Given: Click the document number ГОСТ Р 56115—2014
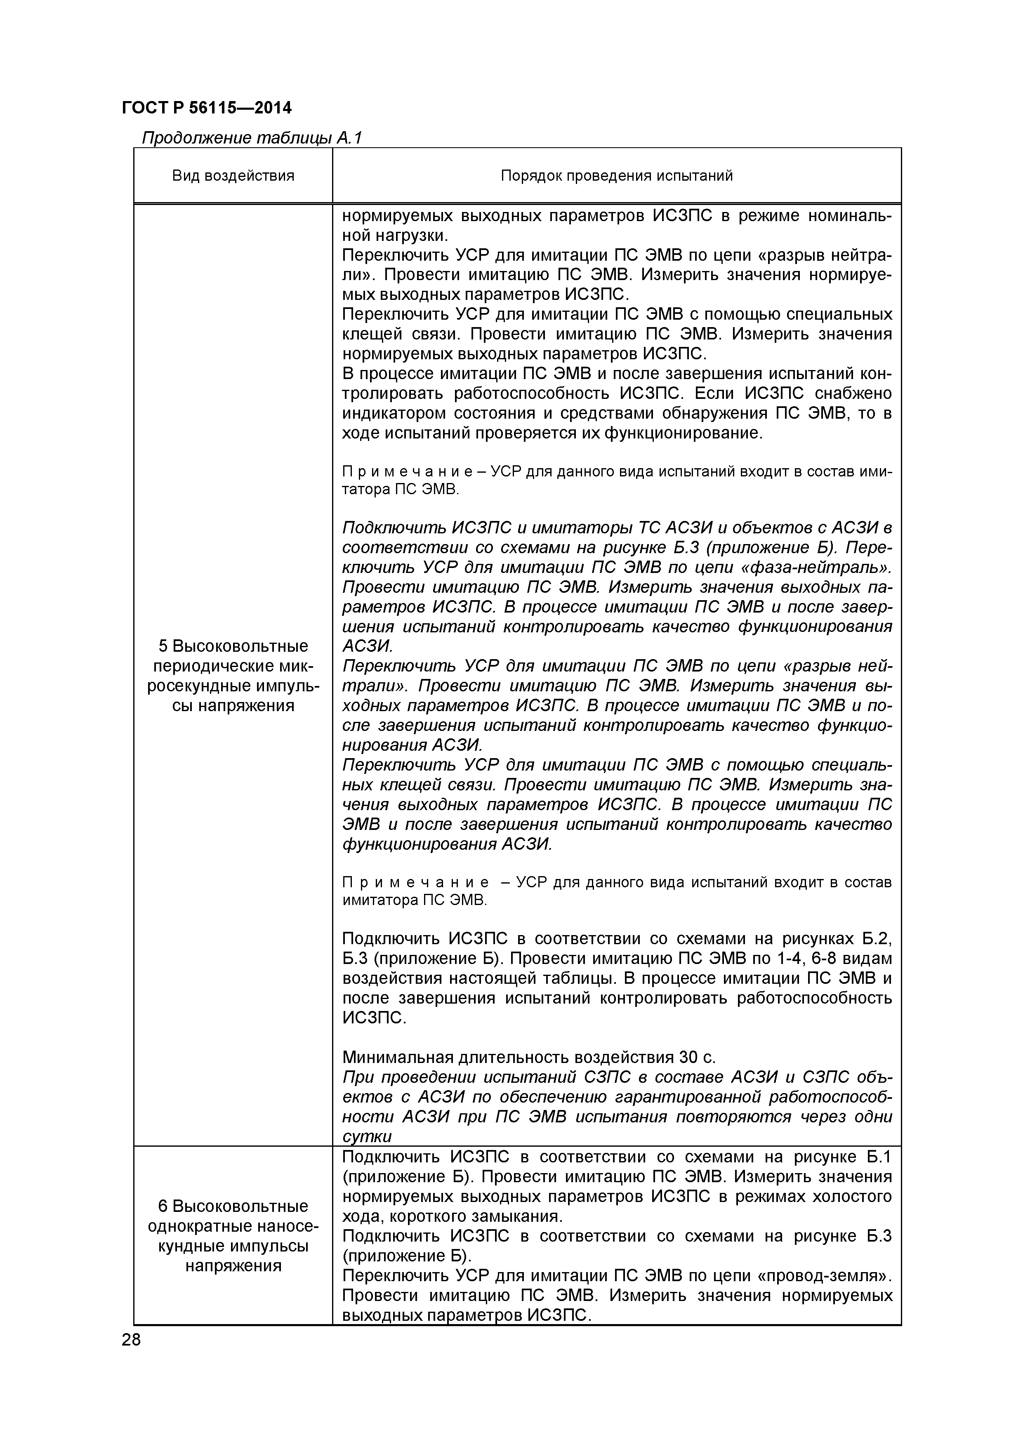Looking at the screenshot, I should coord(207,108).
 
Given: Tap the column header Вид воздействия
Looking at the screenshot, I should coord(233,175).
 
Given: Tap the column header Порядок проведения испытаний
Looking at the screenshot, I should coord(616,175).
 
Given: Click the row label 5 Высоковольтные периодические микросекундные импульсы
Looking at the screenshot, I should coord(233,675).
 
